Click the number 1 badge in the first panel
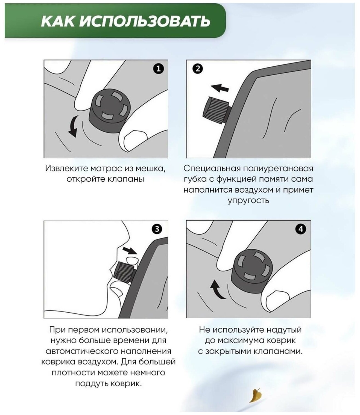158,69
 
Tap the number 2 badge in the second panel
198,69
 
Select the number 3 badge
157,229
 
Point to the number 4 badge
301,229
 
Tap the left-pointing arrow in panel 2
220,88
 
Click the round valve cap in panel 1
110,111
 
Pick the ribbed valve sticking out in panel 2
215,110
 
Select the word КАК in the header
58,21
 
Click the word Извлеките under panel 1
66,168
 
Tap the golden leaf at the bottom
255,396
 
